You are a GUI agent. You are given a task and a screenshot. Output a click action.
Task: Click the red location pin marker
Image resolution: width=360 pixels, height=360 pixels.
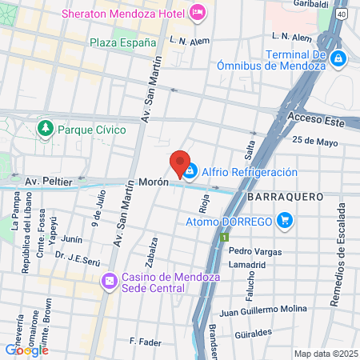point(181,162)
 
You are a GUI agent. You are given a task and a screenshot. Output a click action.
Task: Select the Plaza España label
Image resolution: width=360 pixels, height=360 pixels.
point(122,42)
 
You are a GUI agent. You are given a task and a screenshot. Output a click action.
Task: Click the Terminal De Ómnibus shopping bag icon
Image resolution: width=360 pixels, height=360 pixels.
point(338,58)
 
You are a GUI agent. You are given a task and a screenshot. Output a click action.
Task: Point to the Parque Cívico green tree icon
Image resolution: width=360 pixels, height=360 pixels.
point(46,128)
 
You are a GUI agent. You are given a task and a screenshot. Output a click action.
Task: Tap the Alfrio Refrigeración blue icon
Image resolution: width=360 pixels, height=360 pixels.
point(190,171)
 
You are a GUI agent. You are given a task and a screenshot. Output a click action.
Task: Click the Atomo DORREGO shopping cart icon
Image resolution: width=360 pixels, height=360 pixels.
point(284,220)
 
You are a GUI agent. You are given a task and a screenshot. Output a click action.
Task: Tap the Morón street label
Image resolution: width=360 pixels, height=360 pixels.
point(154,182)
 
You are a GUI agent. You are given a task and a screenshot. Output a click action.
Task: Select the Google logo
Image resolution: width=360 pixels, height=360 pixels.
point(26,349)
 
